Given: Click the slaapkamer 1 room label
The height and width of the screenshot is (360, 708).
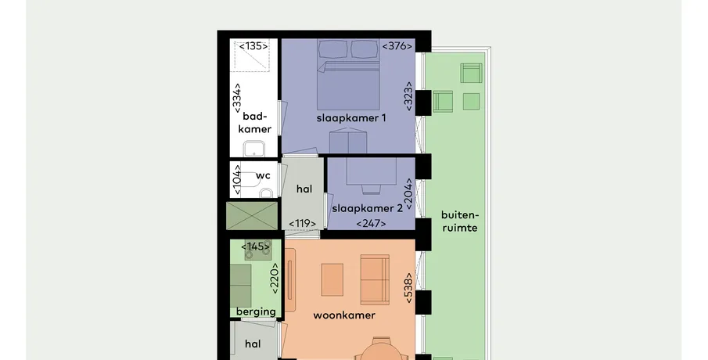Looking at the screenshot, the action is (x=351, y=118).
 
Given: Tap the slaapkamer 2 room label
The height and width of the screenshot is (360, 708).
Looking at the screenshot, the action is (x=367, y=209).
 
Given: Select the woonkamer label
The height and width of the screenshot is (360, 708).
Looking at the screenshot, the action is (x=344, y=315).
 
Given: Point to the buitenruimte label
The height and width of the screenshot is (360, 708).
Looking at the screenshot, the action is (x=460, y=221).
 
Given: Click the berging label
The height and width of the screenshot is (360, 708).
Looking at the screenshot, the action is (x=256, y=311).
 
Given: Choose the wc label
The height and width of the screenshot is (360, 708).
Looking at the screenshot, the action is (x=263, y=176).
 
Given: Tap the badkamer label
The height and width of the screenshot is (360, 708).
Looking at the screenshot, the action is (x=255, y=123).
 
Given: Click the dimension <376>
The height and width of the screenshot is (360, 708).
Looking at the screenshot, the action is (x=397, y=46).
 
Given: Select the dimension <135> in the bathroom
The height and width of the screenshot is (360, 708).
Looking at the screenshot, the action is (x=253, y=46).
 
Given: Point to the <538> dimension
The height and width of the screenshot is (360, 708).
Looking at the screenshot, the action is (x=408, y=288).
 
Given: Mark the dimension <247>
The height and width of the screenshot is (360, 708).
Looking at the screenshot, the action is (x=371, y=224).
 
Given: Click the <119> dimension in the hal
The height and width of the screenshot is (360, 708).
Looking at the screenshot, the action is (x=302, y=224).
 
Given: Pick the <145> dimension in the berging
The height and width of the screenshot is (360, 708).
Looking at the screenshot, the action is (x=256, y=247).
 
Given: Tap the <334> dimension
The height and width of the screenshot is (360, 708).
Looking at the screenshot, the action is (x=237, y=98).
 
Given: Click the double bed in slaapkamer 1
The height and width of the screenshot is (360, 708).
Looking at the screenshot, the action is (x=347, y=74).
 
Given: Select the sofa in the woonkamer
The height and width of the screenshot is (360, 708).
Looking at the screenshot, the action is (x=375, y=279).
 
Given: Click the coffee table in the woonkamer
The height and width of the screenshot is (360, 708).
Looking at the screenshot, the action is (x=332, y=280).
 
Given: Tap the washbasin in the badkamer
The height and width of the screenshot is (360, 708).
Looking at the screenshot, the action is (x=253, y=149).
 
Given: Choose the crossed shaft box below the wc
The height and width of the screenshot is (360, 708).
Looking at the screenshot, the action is (x=252, y=216).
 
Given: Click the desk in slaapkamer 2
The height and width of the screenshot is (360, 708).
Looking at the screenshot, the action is (x=371, y=171).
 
